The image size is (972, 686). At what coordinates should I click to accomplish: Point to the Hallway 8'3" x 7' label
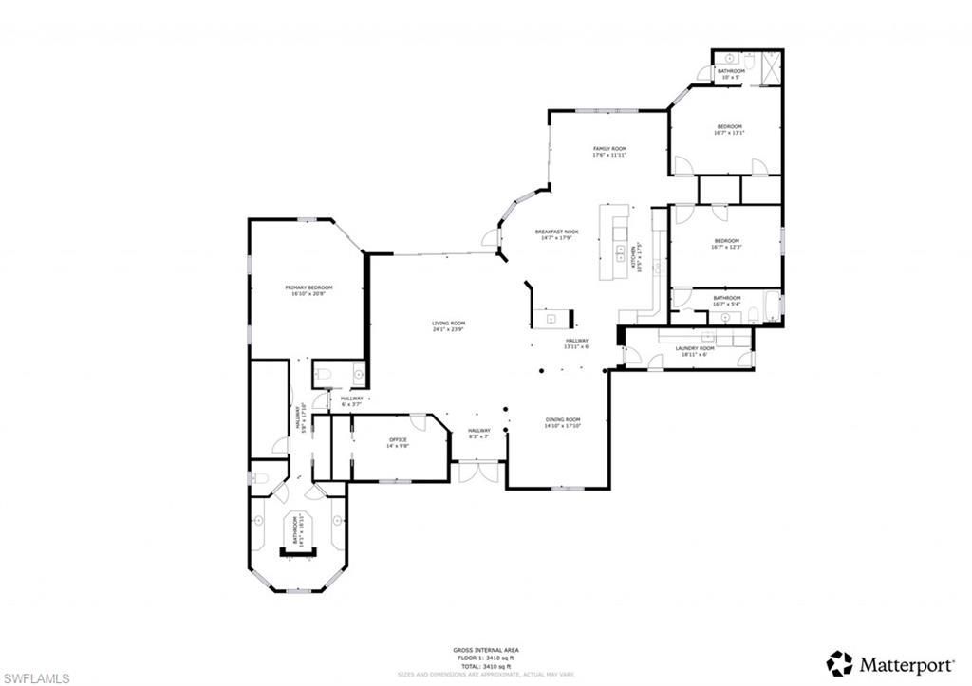tap(478, 434)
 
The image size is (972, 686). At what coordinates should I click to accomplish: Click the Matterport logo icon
tap(838, 662)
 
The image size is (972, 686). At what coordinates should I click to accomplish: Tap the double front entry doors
tap(478, 472)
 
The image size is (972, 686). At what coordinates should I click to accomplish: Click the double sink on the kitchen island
tap(619, 252)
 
